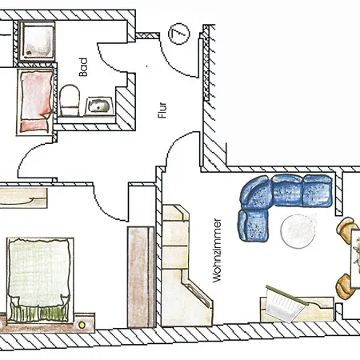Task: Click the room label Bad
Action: coord(83,67)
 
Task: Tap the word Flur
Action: coord(162,110)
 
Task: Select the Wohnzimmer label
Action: coord(217,250)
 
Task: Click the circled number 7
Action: coord(179,34)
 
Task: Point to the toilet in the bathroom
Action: coord(70,100)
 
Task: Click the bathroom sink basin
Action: coord(98,106)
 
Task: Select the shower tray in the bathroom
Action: coord(38,40)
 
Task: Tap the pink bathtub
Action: coord(35,102)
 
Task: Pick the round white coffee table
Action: coord(298,231)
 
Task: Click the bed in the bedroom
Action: coord(40,280)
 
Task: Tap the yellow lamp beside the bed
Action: coord(82,325)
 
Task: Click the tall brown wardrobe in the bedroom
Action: coord(141,277)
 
